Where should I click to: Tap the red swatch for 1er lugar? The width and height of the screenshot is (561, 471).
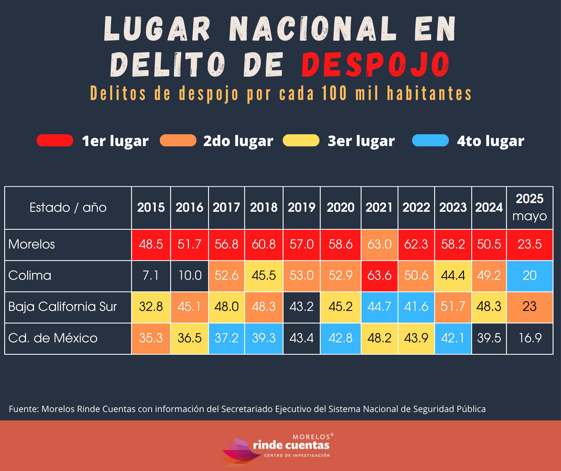55,140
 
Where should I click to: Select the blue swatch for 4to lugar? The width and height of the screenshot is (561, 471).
430,140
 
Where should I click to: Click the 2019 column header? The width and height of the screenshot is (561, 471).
302,208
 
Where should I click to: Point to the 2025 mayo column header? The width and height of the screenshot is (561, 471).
530,207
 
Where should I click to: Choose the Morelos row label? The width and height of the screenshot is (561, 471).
32,244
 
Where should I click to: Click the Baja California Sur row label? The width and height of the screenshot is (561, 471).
62,307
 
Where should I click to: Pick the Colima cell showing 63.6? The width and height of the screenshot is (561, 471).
379,276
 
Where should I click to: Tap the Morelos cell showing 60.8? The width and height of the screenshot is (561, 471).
264,244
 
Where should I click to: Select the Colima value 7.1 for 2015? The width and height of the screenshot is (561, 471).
151,276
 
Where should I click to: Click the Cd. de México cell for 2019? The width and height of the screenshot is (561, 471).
302,338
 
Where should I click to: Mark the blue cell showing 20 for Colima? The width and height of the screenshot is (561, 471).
530,276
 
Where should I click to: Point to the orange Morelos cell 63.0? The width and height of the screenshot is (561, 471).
379,244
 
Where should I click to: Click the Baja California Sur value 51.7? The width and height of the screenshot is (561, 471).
453,307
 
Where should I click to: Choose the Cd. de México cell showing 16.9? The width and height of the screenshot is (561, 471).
530,338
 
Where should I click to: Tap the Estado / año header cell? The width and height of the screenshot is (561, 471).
68,208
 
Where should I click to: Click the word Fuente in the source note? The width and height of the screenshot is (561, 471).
24,409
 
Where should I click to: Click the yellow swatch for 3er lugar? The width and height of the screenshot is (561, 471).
301,140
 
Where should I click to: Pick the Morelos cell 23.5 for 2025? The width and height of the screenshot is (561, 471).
530,244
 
